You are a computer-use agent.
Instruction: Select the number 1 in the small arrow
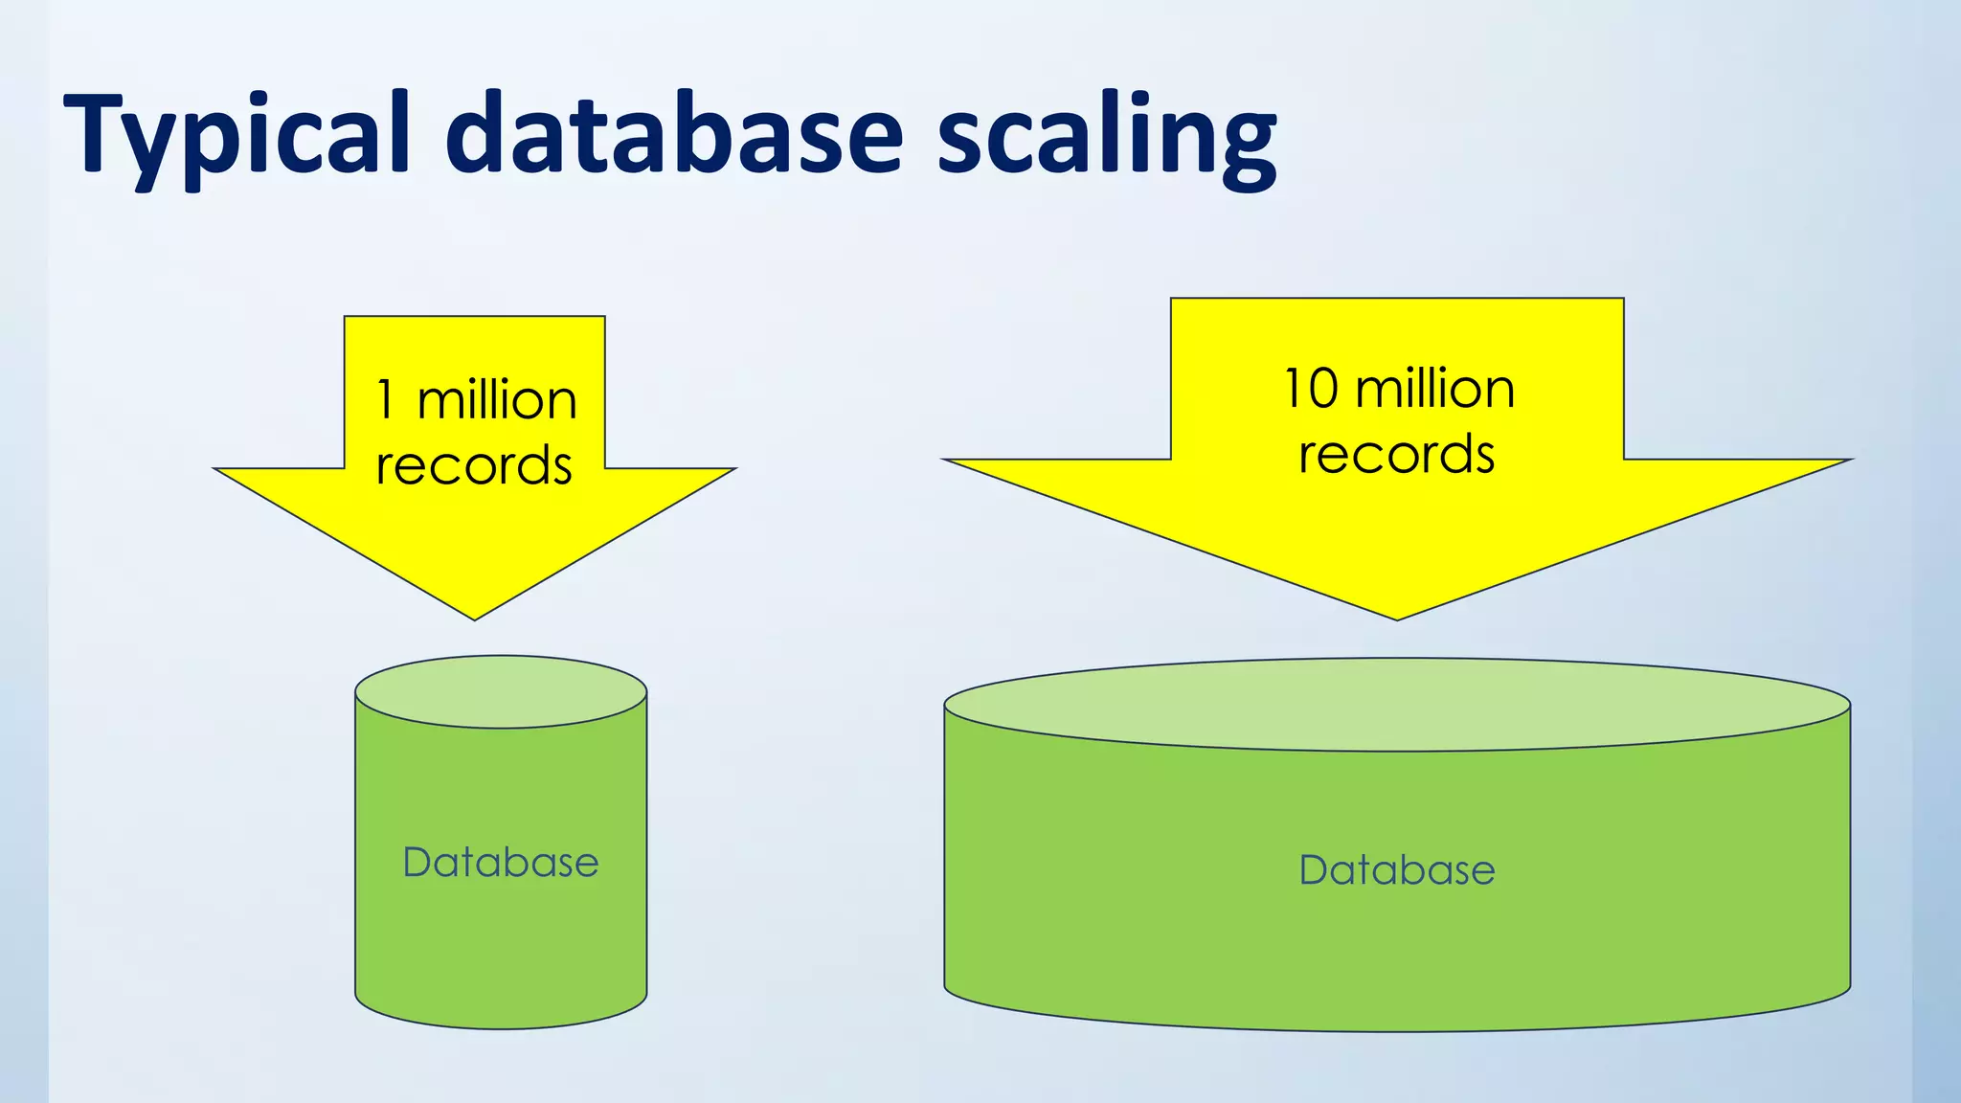[386, 400]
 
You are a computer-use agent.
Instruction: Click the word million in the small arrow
[498, 400]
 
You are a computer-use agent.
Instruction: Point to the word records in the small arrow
[474, 466]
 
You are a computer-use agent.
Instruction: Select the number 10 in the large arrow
[1311, 389]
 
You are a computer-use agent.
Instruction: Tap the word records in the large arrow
[1397, 455]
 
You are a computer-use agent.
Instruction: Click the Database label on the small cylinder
[501, 863]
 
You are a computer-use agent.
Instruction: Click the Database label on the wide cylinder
[1397, 870]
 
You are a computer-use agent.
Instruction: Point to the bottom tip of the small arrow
[475, 613]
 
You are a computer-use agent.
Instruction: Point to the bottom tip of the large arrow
[1397, 614]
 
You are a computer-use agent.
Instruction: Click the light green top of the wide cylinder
[1397, 704]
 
